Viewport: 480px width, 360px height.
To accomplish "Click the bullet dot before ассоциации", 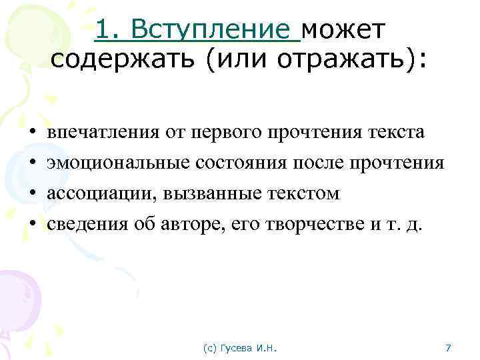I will (31, 194).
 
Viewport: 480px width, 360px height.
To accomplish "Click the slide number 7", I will (448, 348).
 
